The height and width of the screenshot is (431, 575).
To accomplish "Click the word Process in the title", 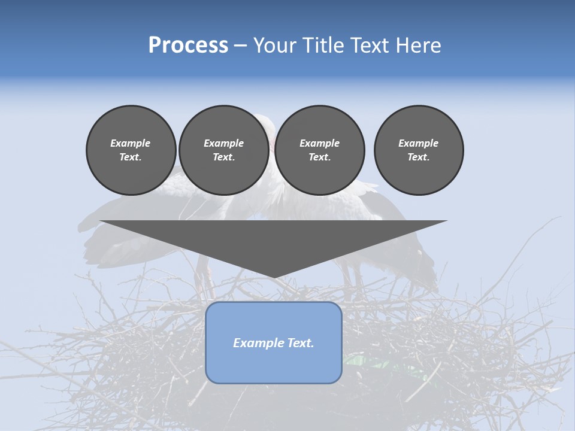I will click(x=188, y=45).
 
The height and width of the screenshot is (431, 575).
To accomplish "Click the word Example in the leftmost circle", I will click(x=131, y=143).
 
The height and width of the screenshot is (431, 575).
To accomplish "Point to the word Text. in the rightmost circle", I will click(x=419, y=157).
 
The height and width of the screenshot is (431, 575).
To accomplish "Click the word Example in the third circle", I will click(x=319, y=143).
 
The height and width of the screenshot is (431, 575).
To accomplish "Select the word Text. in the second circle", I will click(x=223, y=157).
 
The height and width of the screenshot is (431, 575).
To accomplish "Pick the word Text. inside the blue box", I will click(x=300, y=343).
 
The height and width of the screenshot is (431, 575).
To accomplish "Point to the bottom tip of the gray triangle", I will click(x=274, y=277).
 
